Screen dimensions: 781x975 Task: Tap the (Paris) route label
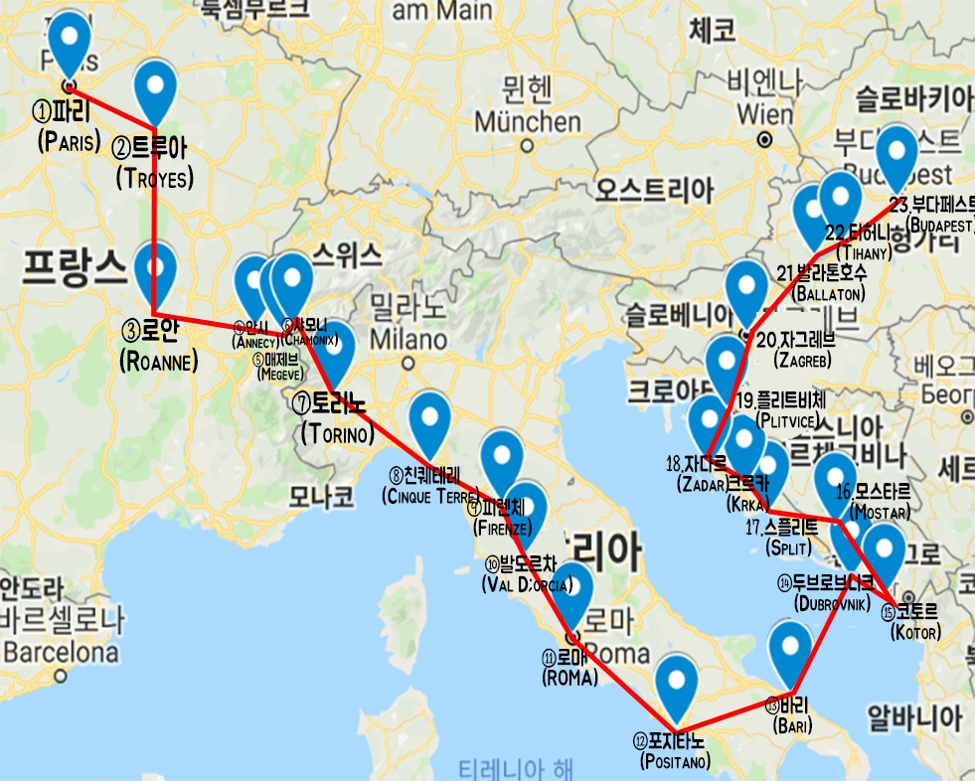[x=69, y=141]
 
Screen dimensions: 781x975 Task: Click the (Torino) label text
[x=337, y=433]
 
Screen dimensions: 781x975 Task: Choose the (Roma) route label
[x=569, y=678]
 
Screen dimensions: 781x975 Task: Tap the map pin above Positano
[x=678, y=685]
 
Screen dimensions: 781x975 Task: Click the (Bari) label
[x=791, y=726]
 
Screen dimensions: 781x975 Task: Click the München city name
[x=527, y=122]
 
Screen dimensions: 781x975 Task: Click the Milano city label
[x=406, y=339]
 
